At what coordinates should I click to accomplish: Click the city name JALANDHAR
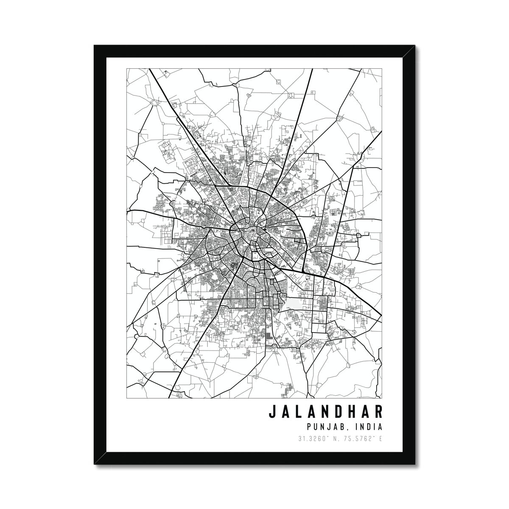tap(325, 412)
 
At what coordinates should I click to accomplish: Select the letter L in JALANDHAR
tap(297, 412)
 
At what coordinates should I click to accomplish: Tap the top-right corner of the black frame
tap(414, 45)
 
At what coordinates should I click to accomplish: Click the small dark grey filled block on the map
tap(270, 336)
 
